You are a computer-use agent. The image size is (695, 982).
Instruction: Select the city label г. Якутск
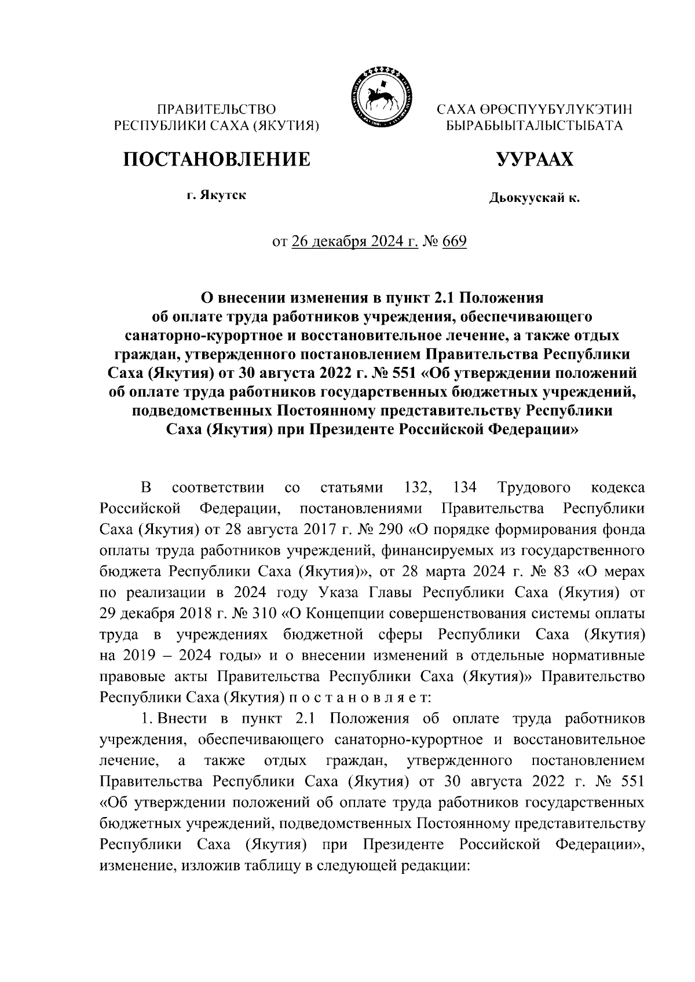coord(216,196)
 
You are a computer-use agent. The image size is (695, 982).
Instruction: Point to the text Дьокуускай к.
coord(534,199)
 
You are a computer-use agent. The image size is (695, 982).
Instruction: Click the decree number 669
coord(455,241)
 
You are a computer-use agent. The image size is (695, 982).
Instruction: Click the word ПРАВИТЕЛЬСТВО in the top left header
coord(217,109)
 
